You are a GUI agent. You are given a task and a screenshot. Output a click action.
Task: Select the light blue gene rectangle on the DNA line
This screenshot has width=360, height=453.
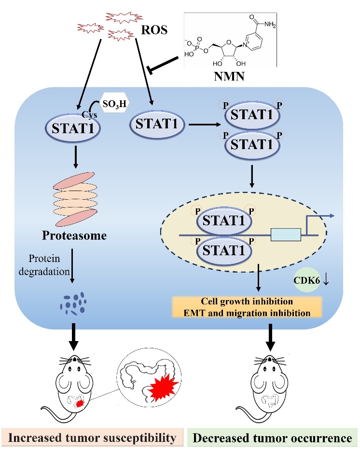(x=286, y=235)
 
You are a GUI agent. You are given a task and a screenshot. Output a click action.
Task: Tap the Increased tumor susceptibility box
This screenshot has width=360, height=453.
(x=92, y=438)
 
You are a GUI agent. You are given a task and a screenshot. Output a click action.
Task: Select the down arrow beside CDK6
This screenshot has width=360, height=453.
(x=327, y=280)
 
